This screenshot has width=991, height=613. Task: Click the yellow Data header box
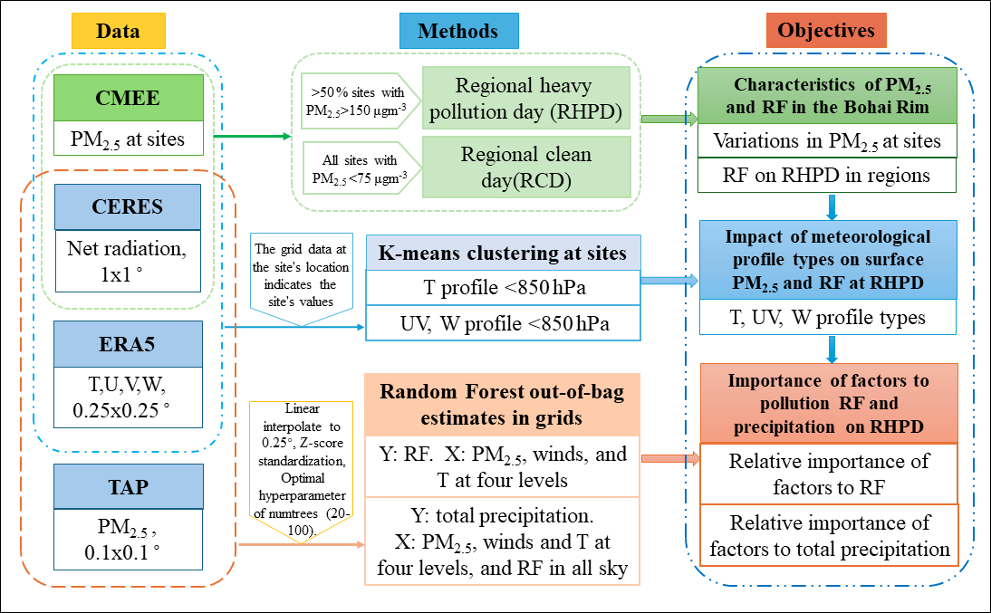pos(118,31)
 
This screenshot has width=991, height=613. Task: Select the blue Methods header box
pos(458,31)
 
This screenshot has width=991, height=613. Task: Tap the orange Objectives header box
pos(826,31)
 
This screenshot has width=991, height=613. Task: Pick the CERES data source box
pos(127,206)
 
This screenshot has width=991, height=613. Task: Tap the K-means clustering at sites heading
pos(503,254)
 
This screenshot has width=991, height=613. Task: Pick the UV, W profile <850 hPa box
pos(503,323)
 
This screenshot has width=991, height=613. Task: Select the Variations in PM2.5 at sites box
pos(827,141)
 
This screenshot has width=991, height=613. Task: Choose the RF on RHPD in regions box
pos(827,176)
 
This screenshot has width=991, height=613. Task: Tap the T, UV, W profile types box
pos(827,317)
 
